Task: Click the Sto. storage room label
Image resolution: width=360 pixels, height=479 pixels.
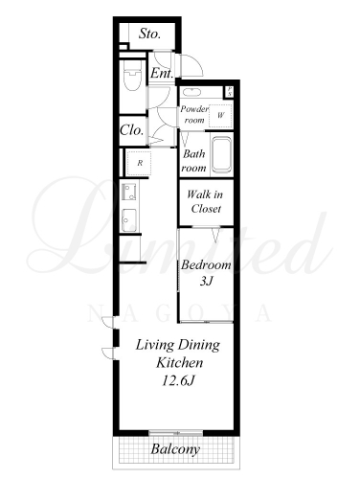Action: pos(149,34)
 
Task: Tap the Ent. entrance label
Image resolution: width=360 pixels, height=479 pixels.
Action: pos(162,74)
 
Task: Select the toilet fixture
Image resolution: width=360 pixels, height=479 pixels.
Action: pos(132,76)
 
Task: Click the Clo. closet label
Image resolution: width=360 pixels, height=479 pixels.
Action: pos(131,130)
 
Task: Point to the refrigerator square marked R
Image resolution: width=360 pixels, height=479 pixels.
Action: pos(139,163)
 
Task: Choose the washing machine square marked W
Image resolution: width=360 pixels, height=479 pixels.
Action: pos(220,116)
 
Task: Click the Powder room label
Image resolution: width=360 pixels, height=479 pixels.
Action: pos(194,114)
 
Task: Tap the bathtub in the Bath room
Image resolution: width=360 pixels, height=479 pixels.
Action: pos(221,155)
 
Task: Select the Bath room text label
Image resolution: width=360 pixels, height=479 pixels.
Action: pos(194,161)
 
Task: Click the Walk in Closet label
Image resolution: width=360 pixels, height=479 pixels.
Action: pos(205,201)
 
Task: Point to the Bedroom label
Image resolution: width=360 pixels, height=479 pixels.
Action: pos(206,265)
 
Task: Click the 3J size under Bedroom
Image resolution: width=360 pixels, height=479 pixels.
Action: pos(206,281)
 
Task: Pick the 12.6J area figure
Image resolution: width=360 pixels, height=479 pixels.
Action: pos(178,380)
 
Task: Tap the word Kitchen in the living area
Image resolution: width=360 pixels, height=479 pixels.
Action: pos(180,363)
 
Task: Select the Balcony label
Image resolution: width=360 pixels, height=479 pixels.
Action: pos(175,449)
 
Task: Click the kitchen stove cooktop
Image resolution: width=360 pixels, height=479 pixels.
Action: pos(129,192)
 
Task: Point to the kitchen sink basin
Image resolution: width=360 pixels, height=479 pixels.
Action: pos(129,219)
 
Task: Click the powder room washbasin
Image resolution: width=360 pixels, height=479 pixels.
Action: pos(191,92)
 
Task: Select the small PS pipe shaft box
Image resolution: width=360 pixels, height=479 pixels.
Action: pos(230,92)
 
